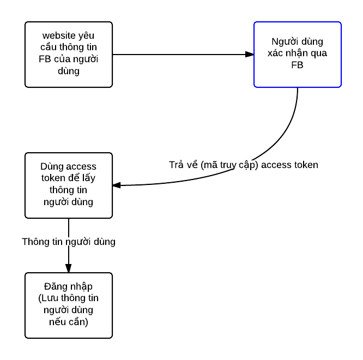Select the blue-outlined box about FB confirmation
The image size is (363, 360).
[x=297, y=55]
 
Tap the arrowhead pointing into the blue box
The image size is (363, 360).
[x=249, y=55]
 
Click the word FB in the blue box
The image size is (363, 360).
[x=297, y=65]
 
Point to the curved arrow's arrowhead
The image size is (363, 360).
[x=117, y=185]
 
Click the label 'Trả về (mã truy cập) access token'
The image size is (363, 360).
[x=243, y=165]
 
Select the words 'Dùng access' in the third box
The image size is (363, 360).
[x=69, y=166]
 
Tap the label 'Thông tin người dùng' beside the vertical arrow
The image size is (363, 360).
[x=69, y=241]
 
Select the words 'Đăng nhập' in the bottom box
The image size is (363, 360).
[x=69, y=287]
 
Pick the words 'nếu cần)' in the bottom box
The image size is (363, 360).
[x=69, y=322]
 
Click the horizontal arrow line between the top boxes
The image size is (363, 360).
[x=180, y=55]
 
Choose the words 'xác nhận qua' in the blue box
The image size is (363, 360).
[x=298, y=53]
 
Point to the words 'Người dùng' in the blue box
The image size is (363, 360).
[x=298, y=42]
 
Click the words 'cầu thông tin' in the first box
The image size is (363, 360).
[x=69, y=47]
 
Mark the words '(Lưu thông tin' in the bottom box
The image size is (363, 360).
[x=69, y=298]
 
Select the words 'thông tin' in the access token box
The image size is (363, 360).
[x=69, y=190]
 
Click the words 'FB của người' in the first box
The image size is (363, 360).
[x=69, y=59]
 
